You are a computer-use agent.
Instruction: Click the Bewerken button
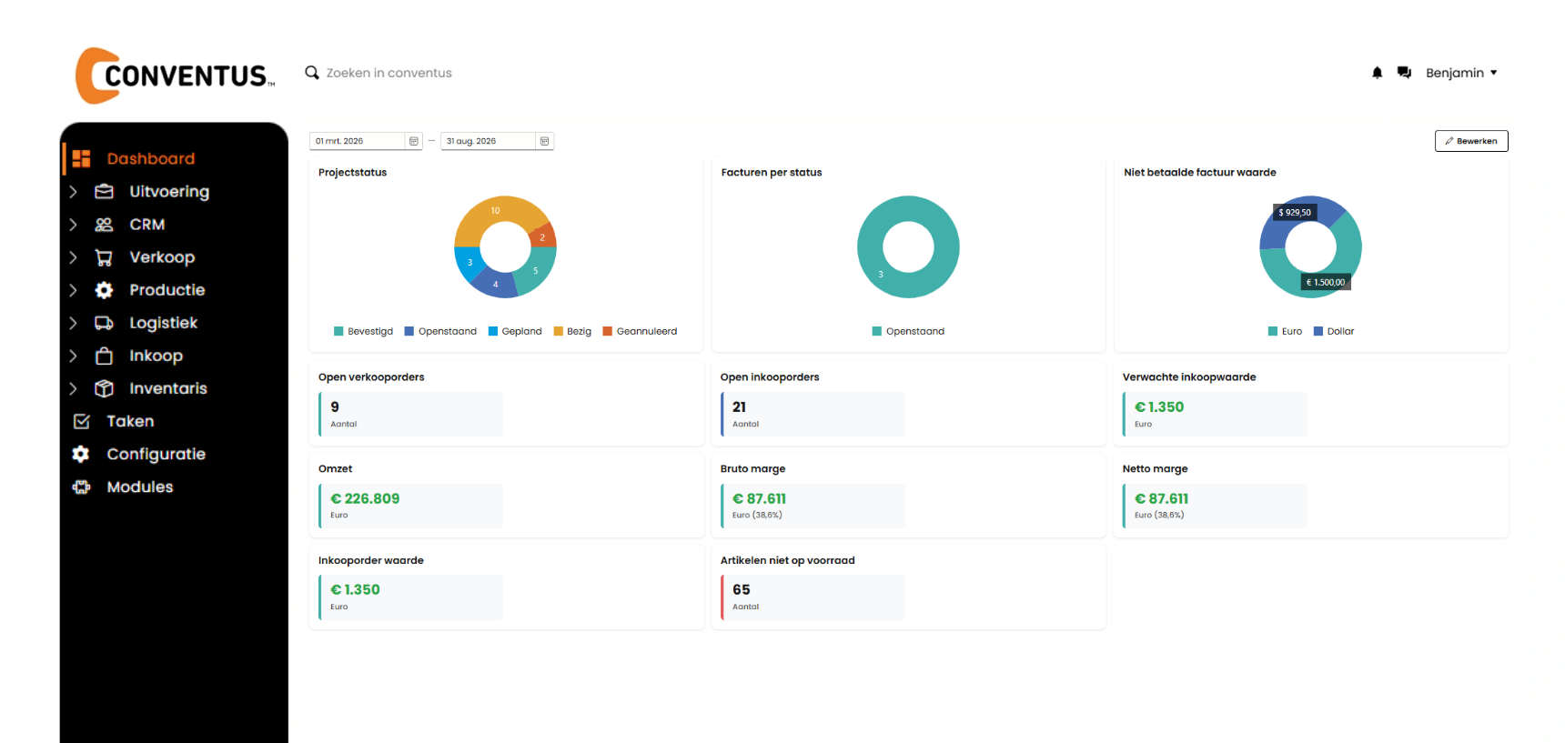click(x=1471, y=141)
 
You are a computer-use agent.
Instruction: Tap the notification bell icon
click(x=1377, y=73)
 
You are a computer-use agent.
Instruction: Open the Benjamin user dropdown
click(x=1461, y=73)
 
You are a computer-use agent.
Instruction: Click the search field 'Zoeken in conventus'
click(x=389, y=73)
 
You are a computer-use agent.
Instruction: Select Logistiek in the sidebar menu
click(x=163, y=323)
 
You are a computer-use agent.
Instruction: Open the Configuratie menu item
click(x=156, y=454)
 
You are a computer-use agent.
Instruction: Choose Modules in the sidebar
click(x=139, y=487)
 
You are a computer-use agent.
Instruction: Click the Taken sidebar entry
click(x=130, y=421)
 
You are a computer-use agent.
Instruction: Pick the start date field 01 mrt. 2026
click(x=358, y=141)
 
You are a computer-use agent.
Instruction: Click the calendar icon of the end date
click(x=544, y=141)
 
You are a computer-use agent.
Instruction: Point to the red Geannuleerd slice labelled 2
click(x=543, y=237)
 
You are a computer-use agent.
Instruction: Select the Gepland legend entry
click(x=515, y=331)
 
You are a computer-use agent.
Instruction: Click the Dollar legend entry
click(x=1334, y=331)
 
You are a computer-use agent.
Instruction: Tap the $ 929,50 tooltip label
click(x=1295, y=213)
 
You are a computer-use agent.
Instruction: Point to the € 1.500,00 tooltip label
click(x=1326, y=282)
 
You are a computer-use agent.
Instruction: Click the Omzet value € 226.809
click(x=365, y=498)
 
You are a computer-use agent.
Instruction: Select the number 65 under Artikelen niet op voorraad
click(x=742, y=589)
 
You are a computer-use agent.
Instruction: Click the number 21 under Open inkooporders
click(x=739, y=407)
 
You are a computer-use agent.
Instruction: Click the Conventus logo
click(x=175, y=75)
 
